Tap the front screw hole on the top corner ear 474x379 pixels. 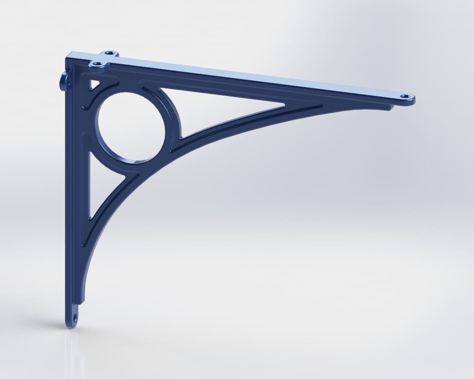(x=98, y=63)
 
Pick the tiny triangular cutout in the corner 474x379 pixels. (x=93, y=84)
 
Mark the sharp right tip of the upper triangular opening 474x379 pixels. (x=284, y=105)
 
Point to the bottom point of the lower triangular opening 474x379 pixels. (x=90, y=218)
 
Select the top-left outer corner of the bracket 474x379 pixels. (x=67, y=56)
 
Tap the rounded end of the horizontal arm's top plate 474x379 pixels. (x=412, y=99)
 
